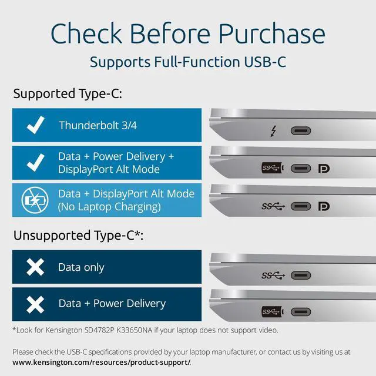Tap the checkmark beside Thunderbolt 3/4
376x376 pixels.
point(36,125)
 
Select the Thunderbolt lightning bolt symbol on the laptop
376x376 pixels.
point(274,131)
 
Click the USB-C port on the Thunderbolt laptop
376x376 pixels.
point(301,131)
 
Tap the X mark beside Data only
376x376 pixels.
point(36,267)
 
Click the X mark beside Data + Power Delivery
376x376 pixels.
point(36,304)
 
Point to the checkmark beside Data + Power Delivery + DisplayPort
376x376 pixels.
point(36,163)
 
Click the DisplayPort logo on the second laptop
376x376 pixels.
point(324,169)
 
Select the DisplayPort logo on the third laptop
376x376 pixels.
point(324,206)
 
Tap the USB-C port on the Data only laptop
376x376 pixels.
point(301,275)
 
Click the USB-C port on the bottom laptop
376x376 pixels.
point(301,311)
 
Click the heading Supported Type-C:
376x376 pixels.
point(68,93)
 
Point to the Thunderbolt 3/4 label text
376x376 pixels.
point(99,126)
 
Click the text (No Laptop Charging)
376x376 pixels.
point(109,207)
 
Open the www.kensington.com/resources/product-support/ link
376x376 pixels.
point(101,362)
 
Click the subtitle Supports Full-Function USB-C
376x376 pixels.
point(188,62)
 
